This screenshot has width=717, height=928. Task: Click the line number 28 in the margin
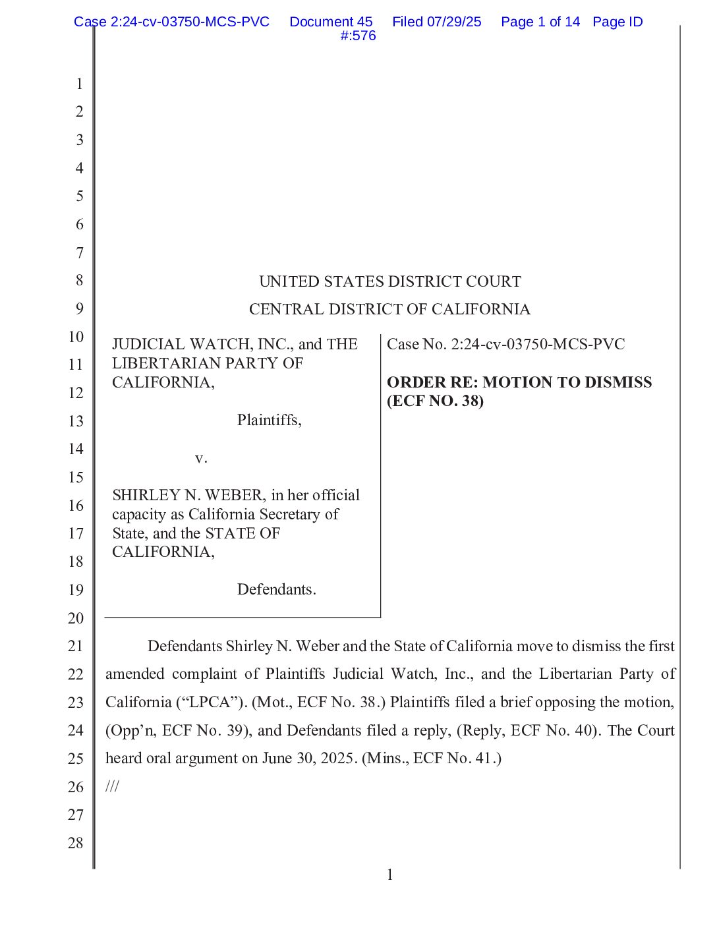[x=76, y=843]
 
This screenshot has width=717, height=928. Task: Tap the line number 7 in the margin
[x=79, y=252]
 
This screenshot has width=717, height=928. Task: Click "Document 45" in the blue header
[x=331, y=22]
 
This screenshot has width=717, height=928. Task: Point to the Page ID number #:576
[x=358, y=36]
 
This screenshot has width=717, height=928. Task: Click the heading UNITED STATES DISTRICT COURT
[x=389, y=281]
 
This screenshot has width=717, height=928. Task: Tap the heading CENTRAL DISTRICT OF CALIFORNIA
[x=389, y=309]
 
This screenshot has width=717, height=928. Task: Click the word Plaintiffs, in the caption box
[x=269, y=420]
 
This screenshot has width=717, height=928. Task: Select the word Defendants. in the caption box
[x=276, y=589]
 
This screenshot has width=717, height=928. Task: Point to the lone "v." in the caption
[x=201, y=458]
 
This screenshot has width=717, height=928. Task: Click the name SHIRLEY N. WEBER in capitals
[x=188, y=495]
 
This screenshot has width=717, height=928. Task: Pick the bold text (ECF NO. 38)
[x=435, y=401]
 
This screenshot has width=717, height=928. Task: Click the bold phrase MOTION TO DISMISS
[x=567, y=382]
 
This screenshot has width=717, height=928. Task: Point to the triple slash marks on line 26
[x=112, y=786]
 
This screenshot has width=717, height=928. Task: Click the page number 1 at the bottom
[x=389, y=875]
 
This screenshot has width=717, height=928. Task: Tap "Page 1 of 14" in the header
[x=540, y=22]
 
